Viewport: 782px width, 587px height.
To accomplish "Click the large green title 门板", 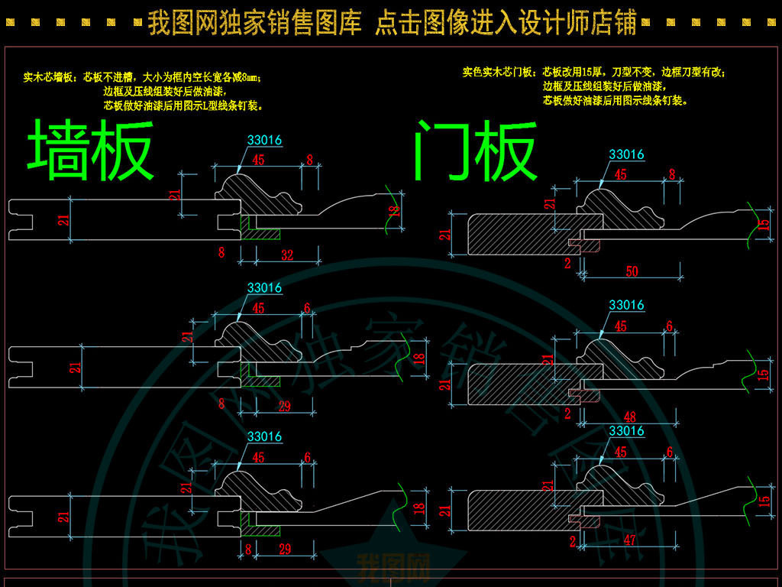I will pyautogui.click(x=475, y=151).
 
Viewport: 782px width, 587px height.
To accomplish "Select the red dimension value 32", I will pyautogui.click(x=287, y=255).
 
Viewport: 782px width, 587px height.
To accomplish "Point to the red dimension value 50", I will pyautogui.click(x=631, y=271).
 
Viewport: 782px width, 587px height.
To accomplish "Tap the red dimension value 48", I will pyautogui.click(x=631, y=417).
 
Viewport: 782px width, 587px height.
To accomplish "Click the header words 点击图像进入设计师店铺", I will pyautogui.click(x=506, y=24).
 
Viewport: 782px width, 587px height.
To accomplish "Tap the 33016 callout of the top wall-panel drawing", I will pyautogui.click(x=264, y=140).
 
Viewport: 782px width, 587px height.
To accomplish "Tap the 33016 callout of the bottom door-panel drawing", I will pyautogui.click(x=626, y=431).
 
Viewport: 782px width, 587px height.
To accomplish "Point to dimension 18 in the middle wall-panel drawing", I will pyautogui.click(x=418, y=358).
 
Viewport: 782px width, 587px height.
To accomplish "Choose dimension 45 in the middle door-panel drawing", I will pyautogui.click(x=620, y=326).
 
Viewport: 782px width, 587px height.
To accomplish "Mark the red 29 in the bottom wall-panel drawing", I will pyautogui.click(x=284, y=549).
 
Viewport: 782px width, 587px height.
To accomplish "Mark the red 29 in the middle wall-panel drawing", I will pyautogui.click(x=284, y=407).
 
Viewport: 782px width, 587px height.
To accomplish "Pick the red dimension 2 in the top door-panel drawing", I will pyautogui.click(x=567, y=264).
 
